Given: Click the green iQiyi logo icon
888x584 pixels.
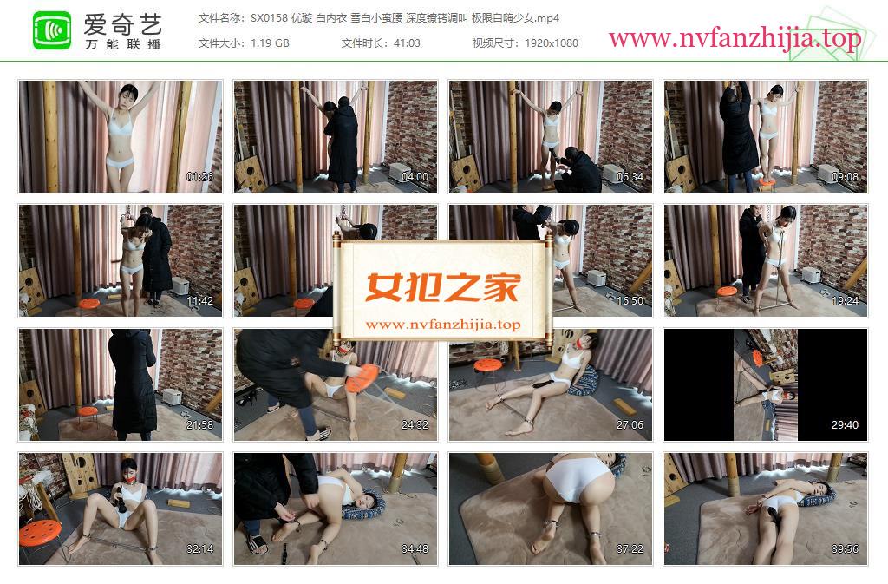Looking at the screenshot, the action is (x=52, y=30).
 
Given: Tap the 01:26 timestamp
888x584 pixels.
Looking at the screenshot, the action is (x=200, y=177).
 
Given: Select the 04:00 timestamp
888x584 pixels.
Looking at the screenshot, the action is (x=415, y=177).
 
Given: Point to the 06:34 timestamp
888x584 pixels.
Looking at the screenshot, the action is (x=630, y=177).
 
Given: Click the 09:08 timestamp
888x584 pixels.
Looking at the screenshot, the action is (x=845, y=177).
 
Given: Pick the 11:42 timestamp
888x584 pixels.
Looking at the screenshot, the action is (x=200, y=301).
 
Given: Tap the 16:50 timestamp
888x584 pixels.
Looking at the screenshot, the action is (x=630, y=301).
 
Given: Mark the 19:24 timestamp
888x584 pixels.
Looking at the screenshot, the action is (x=845, y=301).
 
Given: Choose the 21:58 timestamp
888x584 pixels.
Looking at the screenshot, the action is (x=200, y=425).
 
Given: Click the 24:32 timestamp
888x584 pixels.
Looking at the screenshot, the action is (x=415, y=425).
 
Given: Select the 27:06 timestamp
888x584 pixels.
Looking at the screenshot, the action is (x=630, y=425).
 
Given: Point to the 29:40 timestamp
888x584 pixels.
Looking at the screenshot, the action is (x=845, y=425).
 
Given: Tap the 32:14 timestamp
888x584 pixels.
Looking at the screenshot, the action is (x=200, y=549).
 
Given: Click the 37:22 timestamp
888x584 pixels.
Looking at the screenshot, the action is (x=630, y=549).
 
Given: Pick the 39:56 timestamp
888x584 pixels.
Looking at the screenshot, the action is (x=845, y=549).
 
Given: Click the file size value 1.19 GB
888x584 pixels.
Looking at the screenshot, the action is (x=271, y=43).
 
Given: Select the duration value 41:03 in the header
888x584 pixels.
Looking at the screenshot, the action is (x=408, y=43).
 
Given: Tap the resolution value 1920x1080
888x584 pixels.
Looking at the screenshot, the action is (x=551, y=43).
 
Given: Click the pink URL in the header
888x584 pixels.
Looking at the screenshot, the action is (x=735, y=38).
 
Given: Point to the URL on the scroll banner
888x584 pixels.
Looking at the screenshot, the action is (x=443, y=325).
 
